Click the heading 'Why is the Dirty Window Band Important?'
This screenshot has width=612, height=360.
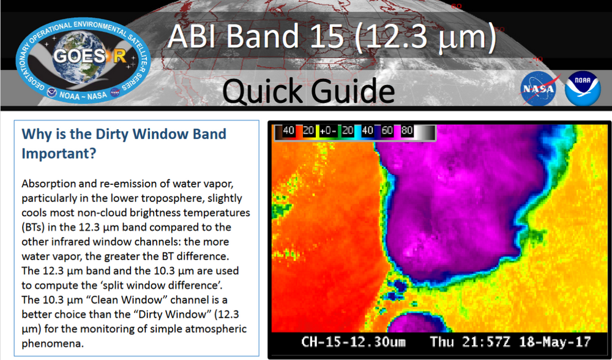click(x=124, y=143)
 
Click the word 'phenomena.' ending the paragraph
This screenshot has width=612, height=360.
click(x=52, y=343)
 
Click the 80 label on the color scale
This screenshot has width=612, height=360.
click(x=407, y=131)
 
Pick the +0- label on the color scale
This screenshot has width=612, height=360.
click(x=329, y=131)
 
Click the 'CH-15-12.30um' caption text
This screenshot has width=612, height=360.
click(x=353, y=342)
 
